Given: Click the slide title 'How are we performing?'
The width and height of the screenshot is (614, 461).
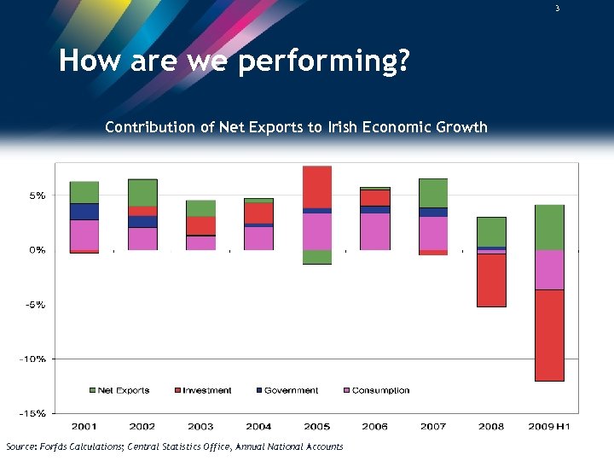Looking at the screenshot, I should [235, 61].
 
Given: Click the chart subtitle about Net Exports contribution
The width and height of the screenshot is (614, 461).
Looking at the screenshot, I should [296, 127].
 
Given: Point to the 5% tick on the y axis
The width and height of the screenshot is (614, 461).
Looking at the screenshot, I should [37, 195].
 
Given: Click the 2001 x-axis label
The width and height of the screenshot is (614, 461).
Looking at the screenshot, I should [84, 426].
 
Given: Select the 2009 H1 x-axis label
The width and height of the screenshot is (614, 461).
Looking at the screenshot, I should [549, 426].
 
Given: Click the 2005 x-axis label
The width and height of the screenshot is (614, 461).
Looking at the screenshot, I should [317, 426].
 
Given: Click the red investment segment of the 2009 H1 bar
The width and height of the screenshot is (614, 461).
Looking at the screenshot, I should [549, 335].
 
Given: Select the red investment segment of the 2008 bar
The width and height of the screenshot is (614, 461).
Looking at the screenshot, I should [491, 280].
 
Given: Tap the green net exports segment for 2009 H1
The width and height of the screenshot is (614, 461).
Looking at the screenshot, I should [549, 227].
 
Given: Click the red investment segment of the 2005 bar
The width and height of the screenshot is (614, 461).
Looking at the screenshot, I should [317, 186].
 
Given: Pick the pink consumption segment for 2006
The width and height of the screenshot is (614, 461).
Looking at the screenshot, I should [375, 231].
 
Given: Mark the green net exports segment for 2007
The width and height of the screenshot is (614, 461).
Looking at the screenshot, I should [433, 193].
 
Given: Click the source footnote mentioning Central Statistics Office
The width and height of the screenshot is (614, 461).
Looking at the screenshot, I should [174, 446].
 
